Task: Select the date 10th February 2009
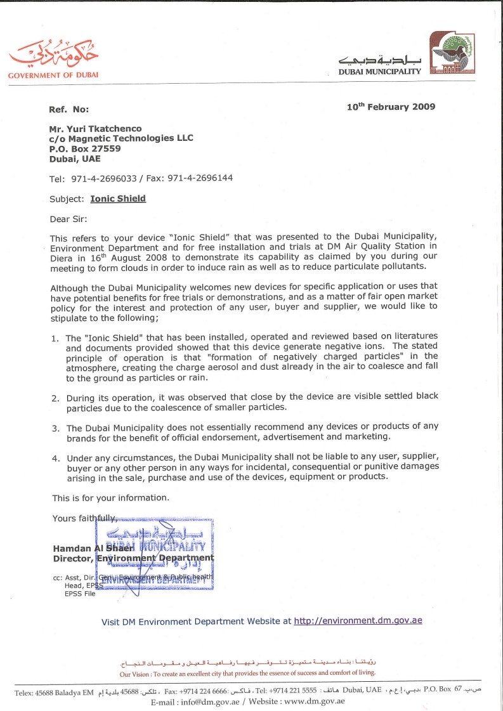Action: (x=391, y=107)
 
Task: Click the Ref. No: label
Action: (x=69, y=110)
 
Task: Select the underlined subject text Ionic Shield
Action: (x=118, y=199)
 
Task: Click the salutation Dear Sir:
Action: (x=70, y=219)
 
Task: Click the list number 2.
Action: (x=55, y=398)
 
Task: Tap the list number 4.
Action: (x=55, y=458)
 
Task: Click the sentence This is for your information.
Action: (x=110, y=498)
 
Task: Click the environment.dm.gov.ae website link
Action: (x=358, y=621)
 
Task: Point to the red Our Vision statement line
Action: (x=247, y=673)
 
